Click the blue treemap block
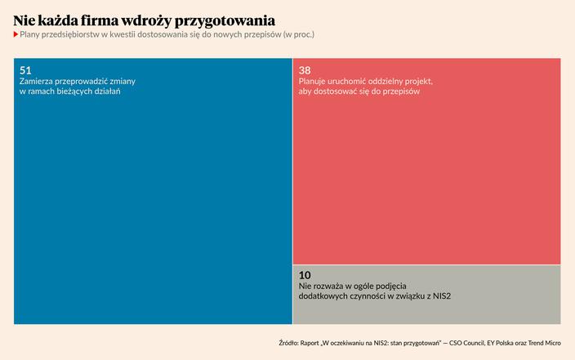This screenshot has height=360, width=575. click(153, 204)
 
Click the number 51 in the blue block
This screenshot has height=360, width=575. click(25, 71)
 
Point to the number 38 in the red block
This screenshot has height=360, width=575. click(305, 71)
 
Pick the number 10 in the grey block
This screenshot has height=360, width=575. click(305, 276)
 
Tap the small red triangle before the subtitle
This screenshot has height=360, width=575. click(16, 35)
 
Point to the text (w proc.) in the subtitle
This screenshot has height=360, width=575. click(298, 35)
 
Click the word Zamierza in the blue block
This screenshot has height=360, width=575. click(38, 82)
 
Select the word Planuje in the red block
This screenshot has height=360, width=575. click(315, 82)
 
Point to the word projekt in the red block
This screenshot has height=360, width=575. click(416, 82)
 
